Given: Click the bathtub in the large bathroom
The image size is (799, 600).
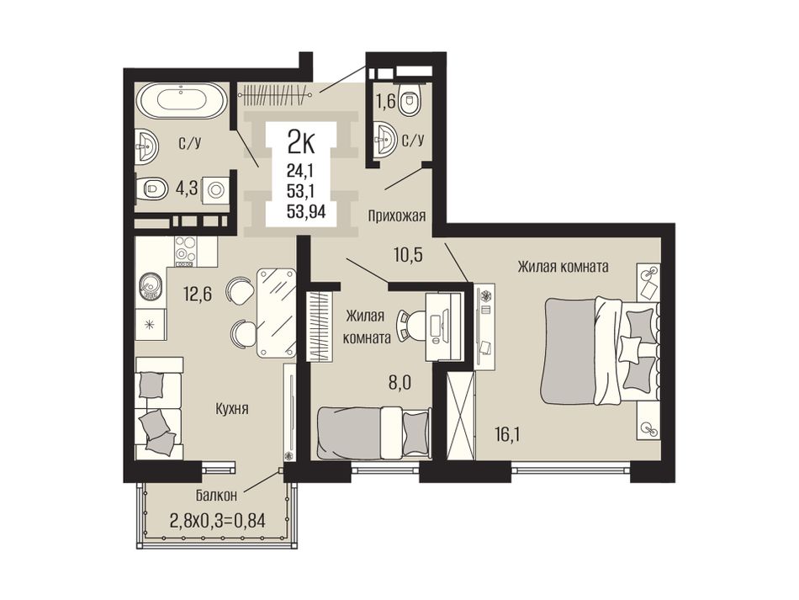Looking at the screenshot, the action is (x=182, y=100).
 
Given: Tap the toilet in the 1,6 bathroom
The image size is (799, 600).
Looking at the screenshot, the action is (x=410, y=99).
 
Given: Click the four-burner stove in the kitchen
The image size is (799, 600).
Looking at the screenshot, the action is (x=186, y=251).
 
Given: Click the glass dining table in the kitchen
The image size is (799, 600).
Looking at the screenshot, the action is (x=276, y=312).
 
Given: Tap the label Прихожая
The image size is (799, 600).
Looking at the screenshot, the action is (x=397, y=216).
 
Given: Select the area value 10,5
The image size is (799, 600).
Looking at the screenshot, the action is (x=408, y=254).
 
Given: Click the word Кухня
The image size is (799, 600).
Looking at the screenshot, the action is (x=232, y=408).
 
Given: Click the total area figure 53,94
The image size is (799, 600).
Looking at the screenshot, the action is (x=306, y=210).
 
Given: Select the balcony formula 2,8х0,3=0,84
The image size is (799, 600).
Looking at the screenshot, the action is (x=218, y=521).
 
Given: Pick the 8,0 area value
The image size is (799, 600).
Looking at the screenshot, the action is (x=400, y=382).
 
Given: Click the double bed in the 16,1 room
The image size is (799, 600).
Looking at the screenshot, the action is (x=601, y=352).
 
